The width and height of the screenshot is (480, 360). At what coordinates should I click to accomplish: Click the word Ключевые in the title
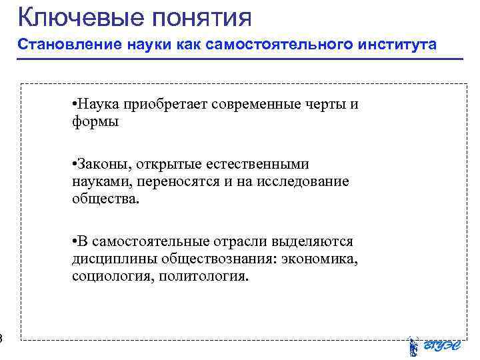[x=74, y=15]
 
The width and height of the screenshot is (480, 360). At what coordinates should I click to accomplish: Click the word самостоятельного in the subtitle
[x=272, y=45]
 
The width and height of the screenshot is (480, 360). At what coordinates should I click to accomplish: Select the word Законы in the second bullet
[x=101, y=164]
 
